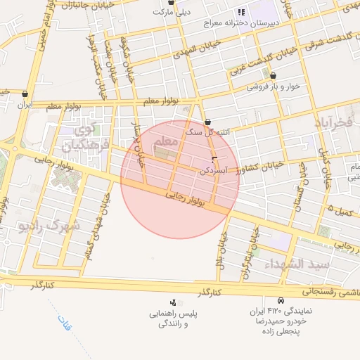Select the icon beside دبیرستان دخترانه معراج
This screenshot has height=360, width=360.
pyautogui.click(x=242, y=12)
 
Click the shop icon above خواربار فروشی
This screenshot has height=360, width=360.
pyautogui.click(x=273, y=76)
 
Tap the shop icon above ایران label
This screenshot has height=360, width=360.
pyautogui.click(x=26, y=93)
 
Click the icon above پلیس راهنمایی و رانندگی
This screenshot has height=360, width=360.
pyautogui.click(x=173, y=302)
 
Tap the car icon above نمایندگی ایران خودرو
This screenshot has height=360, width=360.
pyautogui.click(x=281, y=300)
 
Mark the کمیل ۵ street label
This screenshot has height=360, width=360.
pyautogui.click(x=340, y=209)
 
